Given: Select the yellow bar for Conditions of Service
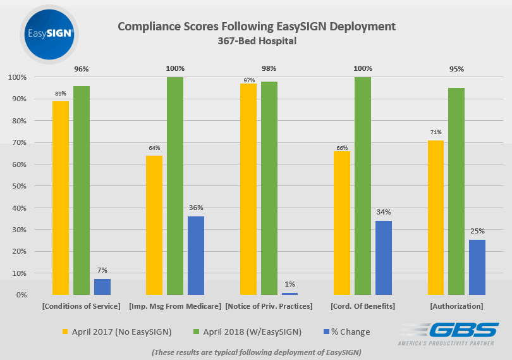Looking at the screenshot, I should pyautogui.click(x=61, y=198).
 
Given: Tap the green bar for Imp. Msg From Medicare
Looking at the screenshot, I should pyautogui.click(x=175, y=186).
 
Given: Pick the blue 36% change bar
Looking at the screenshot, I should pyautogui.click(x=196, y=256).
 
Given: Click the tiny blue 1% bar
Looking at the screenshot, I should pyautogui.click(x=290, y=294).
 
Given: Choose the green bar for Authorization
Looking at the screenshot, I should pyautogui.click(x=456, y=191).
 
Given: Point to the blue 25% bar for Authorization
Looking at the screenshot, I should pyautogui.click(x=477, y=267).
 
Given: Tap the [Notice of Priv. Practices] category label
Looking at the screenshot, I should pyautogui.click(x=269, y=307).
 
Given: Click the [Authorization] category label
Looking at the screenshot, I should pyautogui.click(x=456, y=307).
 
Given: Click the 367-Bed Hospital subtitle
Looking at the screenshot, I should pyautogui.click(x=256, y=41).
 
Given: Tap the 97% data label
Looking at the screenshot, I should pyautogui.click(x=248, y=80).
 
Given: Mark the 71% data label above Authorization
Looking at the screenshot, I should pyautogui.click(x=436, y=132).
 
